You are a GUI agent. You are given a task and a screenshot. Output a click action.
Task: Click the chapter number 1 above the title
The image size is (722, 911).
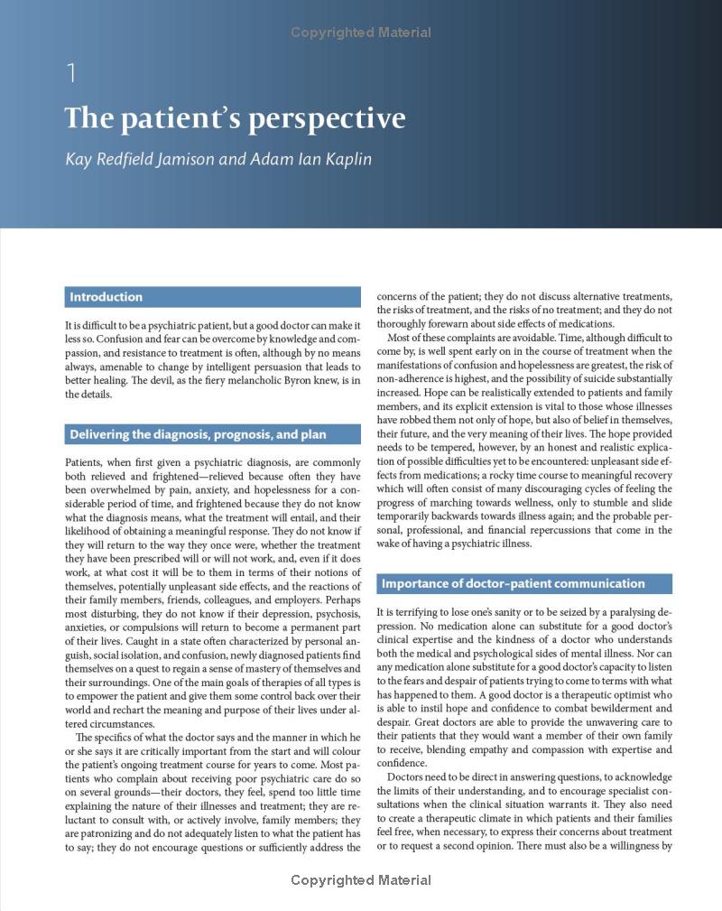pos(72,73)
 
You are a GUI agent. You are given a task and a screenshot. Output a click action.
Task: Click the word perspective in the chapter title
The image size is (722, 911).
pos(323,120)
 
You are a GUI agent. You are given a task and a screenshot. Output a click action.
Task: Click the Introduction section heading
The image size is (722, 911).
pos(106,297)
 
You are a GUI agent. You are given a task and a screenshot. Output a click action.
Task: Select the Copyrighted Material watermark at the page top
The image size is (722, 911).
pos(361,33)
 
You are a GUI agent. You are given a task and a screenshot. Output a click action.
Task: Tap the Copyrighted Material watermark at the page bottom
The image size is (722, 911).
pos(361,879)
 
